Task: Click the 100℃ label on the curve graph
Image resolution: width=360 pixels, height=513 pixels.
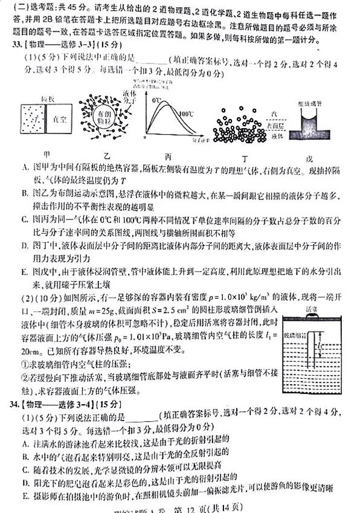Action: (x=186, y=113)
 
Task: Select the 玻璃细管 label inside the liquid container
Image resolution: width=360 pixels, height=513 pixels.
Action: (x=295, y=334)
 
